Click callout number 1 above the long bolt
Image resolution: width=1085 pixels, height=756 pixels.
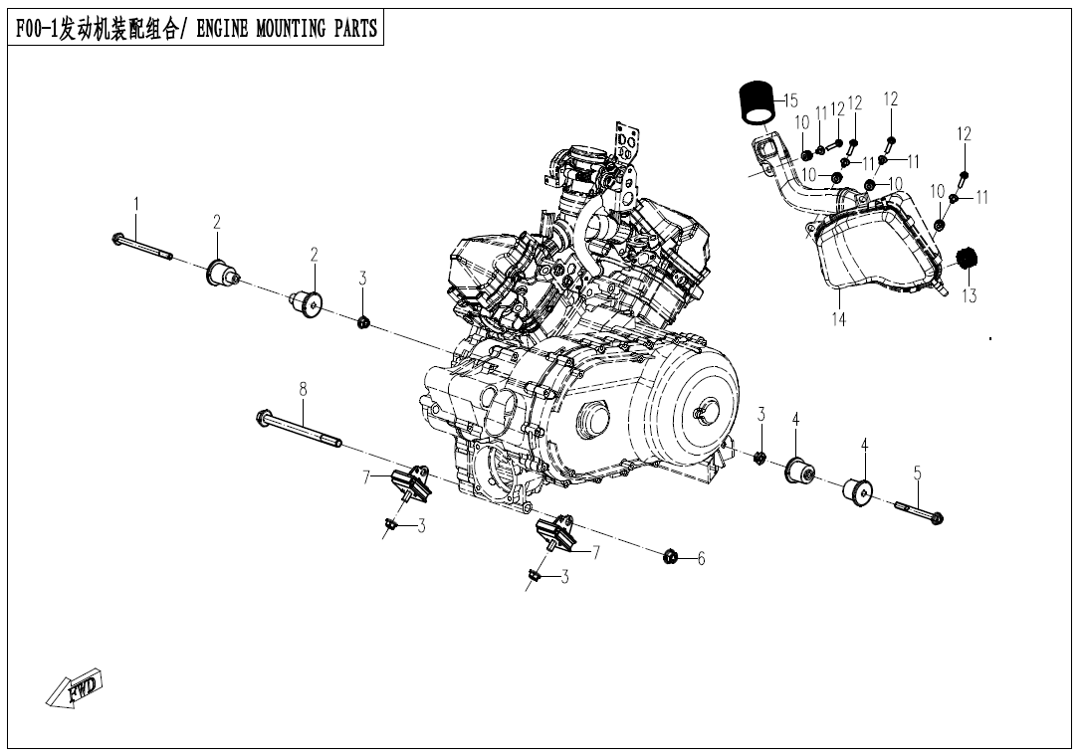(x=136, y=204)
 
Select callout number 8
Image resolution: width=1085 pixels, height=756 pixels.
(x=303, y=389)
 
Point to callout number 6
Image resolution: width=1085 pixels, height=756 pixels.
(x=701, y=560)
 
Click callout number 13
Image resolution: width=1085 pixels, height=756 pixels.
(x=969, y=296)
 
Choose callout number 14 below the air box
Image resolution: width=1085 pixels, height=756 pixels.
(x=839, y=320)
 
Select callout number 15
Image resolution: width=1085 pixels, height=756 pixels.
(x=790, y=100)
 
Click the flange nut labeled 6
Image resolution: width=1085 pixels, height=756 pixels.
(x=671, y=556)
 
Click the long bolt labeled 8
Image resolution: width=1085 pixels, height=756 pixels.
(x=299, y=427)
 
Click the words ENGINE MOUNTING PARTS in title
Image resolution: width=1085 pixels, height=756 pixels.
(x=288, y=28)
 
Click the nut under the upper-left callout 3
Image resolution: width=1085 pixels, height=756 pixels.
(x=363, y=321)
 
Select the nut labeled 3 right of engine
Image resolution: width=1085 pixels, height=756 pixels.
(x=759, y=458)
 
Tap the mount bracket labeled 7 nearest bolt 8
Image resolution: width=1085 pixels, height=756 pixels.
(x=409, y=482)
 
